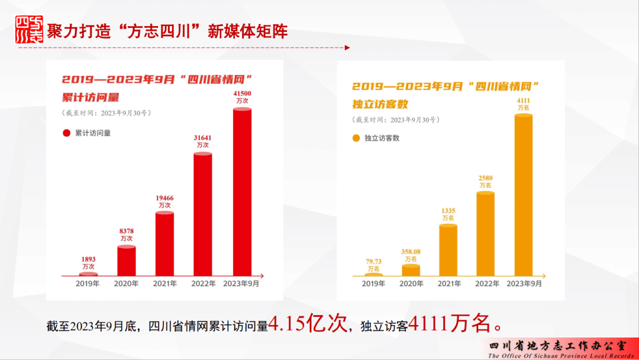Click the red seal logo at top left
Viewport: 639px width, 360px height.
pyautogui.click(x=29, y=29)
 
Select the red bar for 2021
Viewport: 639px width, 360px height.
pyautogui.click(x=164, y=244)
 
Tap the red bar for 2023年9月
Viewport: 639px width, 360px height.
pyautogui.click(x=242, y=192)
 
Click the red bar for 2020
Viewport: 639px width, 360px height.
pyautogui.click(x=127, y=261)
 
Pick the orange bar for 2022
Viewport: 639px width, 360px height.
pyautogui.click(x=485, y=234)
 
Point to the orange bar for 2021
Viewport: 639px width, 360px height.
pyautogui.click(x=448, y=250)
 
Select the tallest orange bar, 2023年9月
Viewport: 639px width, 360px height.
pyautogui.click(x=524, y=195)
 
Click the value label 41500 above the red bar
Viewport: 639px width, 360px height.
pyautogui.click(x=242, y=94)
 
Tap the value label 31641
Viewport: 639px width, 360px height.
pyautogui.click(x=203, y=138)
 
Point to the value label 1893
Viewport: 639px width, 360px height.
pyautogui.click(x=88, y=259)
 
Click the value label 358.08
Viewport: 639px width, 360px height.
pyautogui.click(x=411, y=251)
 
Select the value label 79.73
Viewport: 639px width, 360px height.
pyautogui.click(x=373, y=261)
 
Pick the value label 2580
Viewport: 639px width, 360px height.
pyautogui.click(x=485, y=178)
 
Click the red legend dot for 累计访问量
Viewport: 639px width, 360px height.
pyautogui.click(x=67, y=133)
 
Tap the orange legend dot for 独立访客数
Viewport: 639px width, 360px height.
pyautogui.click(x=356, y=139)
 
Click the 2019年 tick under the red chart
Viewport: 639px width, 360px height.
pyautogui.click(x=88, y=284)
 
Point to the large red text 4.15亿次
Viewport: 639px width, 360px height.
pyautogui.click(x=307, y=323)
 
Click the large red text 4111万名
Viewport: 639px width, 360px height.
pyautogui.click(x=450, y=323)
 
